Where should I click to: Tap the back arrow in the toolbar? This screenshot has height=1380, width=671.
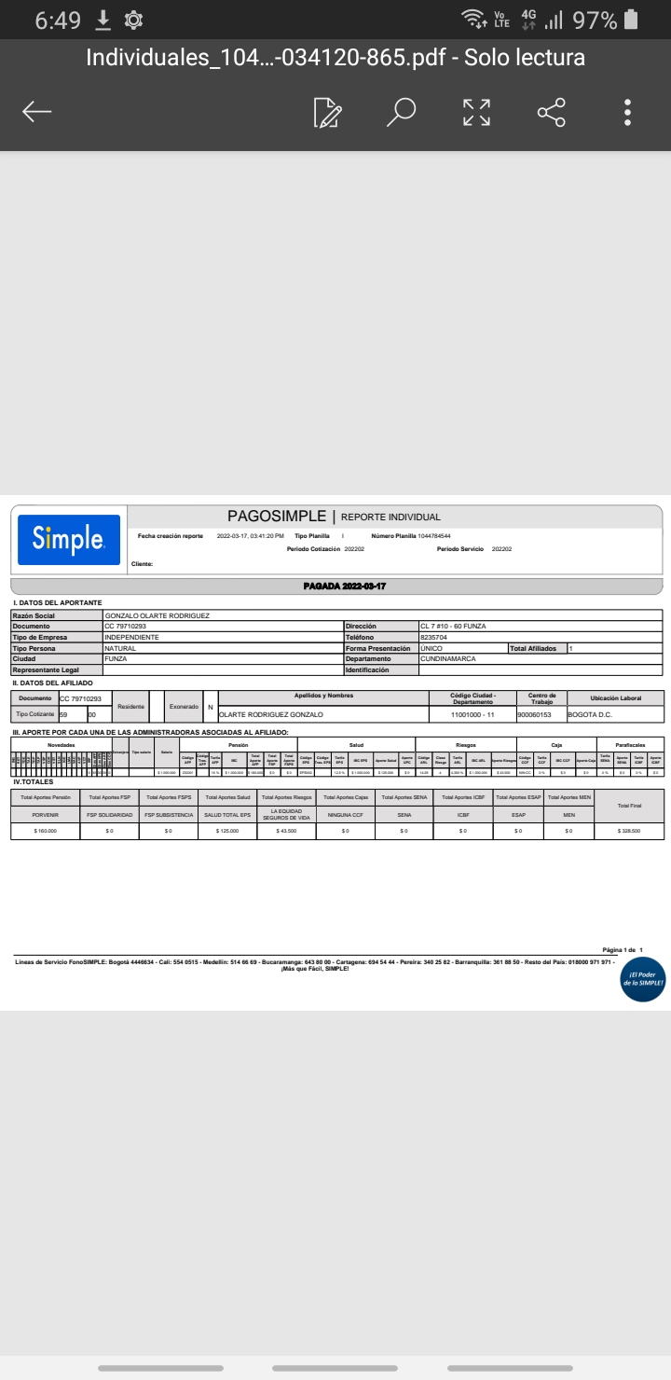[x=37, y=112]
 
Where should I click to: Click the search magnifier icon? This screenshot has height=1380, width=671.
[x=402, y=112]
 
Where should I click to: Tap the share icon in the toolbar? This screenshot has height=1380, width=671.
[x=552, y=112]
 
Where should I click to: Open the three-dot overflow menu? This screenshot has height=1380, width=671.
[x=628, y=112]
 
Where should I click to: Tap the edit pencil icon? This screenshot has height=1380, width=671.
[x=327, y=112]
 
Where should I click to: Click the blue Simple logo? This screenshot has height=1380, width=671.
[x=69, y=539]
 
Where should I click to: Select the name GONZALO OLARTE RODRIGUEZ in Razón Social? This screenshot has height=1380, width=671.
[x=157, y=615]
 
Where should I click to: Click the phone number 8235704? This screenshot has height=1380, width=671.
[x=433, y=638]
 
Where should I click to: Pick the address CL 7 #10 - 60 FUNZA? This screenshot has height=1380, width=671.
[x=453, y=627]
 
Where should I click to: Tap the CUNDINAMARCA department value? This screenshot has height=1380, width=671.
[x=448, y=659]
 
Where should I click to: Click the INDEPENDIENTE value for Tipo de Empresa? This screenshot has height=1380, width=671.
[x=132, y=638]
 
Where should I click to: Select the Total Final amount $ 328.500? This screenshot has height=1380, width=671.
[x=628, y=830]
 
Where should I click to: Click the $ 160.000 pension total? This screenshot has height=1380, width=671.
[x=46, y=830]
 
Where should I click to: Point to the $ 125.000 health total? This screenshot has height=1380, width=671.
[x=226, y=830]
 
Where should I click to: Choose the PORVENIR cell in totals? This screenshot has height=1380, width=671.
[x=46, y=815]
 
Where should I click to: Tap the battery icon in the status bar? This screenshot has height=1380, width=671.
[x=632, y=20]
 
